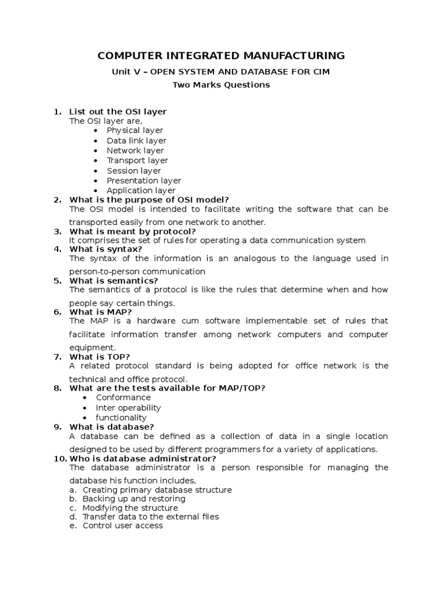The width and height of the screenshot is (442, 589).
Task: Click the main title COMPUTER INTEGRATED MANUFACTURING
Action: coord(221,56)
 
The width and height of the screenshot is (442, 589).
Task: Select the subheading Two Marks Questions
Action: coord(222,85)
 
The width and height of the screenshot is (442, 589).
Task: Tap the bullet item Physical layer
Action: coord(135,131)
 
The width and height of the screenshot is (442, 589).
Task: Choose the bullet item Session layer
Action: coord(134,171)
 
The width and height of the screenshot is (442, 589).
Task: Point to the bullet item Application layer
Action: coord(141,190)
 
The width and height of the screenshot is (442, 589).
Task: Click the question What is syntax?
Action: coord(105,249)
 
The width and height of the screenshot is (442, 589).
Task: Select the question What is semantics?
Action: coord(113,281)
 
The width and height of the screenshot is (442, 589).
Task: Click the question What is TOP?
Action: coord(100,357)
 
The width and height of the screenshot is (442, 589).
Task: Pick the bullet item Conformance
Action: coord(123,397)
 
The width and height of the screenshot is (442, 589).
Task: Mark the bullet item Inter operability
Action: coord(128,408)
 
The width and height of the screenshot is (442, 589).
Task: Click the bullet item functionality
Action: coord(121,418)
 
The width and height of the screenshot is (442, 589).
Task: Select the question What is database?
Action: coord(112,427)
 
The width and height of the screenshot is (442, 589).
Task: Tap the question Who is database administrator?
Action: coord(143,458)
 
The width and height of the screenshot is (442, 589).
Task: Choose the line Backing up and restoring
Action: coord(130,499)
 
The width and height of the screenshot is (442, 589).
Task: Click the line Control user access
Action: coord(123,525)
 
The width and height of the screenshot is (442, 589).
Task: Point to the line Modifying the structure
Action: coord(130,508)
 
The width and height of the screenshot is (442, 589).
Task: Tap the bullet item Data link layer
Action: coord(136,140)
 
